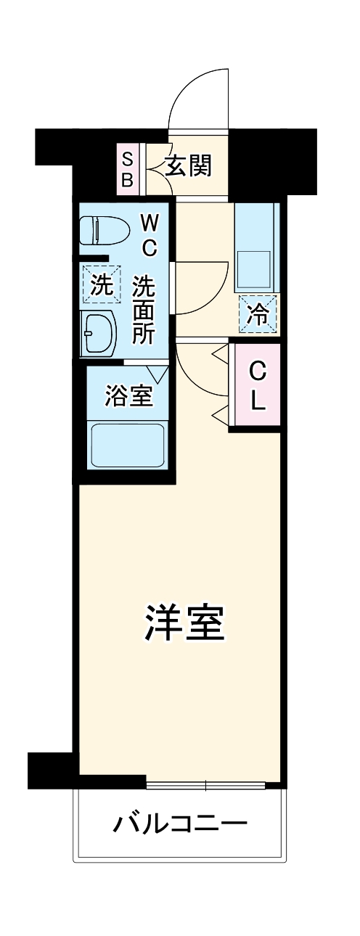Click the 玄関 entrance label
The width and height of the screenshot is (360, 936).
188,166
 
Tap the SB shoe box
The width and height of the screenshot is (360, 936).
127,169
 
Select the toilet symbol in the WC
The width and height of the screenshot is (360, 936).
102,230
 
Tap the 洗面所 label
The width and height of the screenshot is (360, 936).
143,310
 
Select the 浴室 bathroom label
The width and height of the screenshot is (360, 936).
128,396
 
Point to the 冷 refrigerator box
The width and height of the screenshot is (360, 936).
258,314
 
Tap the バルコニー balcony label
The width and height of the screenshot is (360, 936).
180,824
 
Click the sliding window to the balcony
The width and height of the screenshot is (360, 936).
206,784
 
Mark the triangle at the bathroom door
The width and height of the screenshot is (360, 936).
160,371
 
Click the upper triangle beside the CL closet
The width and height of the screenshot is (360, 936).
220,353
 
